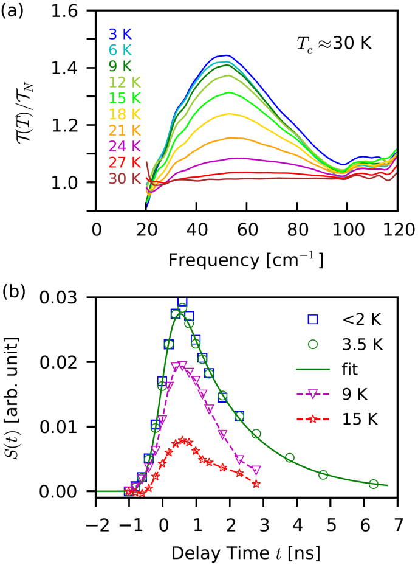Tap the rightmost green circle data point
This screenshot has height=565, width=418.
click(374, 484)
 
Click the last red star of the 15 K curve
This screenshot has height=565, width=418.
click(256, 484)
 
